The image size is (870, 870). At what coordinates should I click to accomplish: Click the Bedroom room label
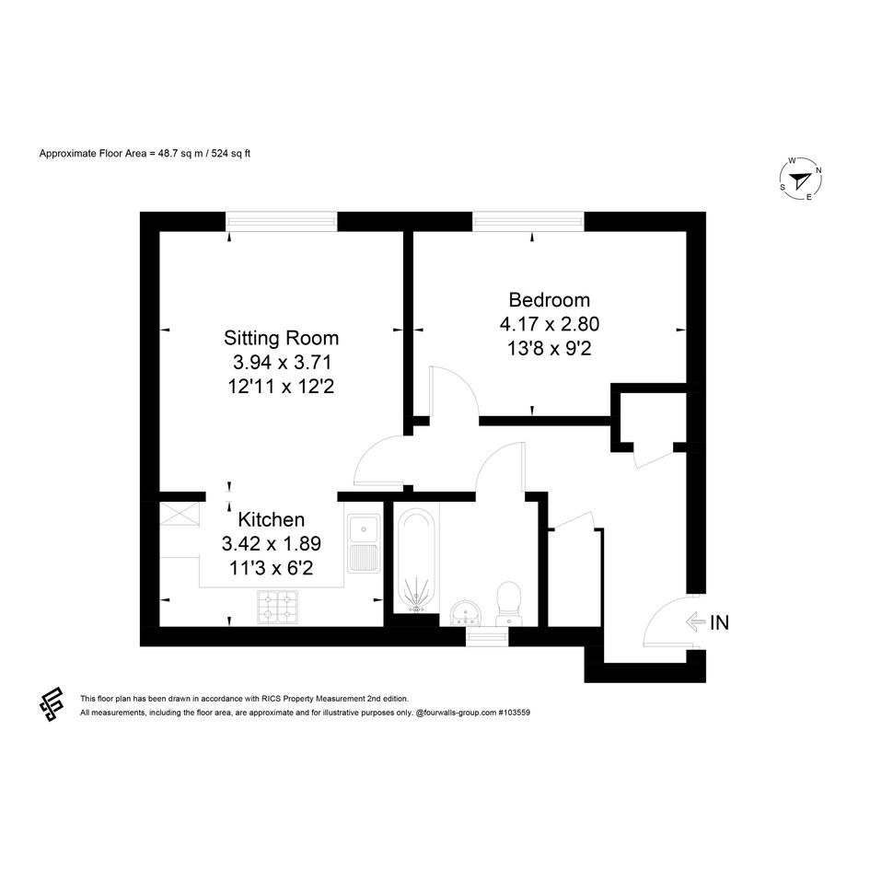pyautogui.click(x=550, y=300)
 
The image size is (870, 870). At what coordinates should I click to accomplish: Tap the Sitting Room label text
pyautogui.click(x=281, y=338)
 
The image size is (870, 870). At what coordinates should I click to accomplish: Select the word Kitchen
pyautogui.click(x=272, y=520)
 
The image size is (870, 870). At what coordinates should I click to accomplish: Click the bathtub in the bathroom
pyautogui.click(x=416, y=561)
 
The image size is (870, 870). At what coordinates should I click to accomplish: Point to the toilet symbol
pyautogui.click(x=508, y=603)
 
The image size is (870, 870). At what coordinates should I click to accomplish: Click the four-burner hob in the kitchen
pyautogui.click(x=277, y=607)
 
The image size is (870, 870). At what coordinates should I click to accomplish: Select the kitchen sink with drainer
pyautogui.click(x=364, y=543)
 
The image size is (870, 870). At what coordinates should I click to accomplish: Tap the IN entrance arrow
pyautogui.click(x=695, y=621)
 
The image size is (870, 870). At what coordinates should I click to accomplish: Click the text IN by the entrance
pyautogui.click(x=720, y=622)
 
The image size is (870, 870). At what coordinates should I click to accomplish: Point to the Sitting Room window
pyautogui.click(x=281, y=222)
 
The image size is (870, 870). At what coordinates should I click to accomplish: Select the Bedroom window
pyautogui.click(x=528, y=222)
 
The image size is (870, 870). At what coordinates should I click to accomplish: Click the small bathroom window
pyautogui.click(x=487, y=636)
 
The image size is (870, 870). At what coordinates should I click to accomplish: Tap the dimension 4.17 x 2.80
pyautogui.click(x=550, y=324)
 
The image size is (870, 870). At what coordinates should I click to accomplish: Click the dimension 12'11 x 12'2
pyautogui.click(x=281, y=386)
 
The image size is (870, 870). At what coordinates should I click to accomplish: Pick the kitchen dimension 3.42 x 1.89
pyautogui.click(x=272, y=544)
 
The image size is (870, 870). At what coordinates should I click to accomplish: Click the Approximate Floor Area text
pyautogui.click(x=145, y=154)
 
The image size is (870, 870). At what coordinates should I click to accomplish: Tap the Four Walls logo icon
pyautogui.click(x=51, y=704)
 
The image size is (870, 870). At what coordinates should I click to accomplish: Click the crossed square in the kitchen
pyautogui.click(x=180, y=514)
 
